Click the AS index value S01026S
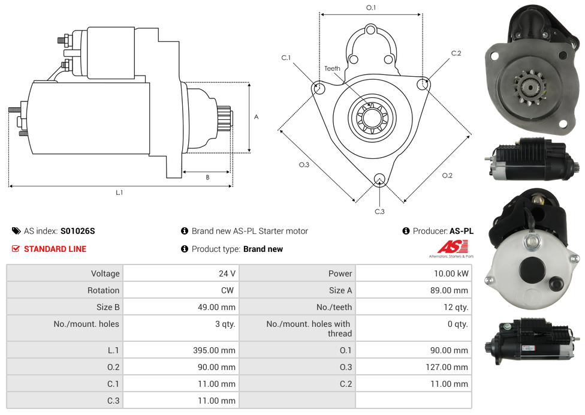point(77,231)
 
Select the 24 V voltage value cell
point(227,273)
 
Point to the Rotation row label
point(103,290)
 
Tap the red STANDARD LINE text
point(55,249)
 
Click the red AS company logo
point(452,247)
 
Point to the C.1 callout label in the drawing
point(286,58)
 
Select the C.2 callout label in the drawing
point(456,53)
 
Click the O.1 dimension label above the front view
point(371,7)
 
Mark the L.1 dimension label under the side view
point(119,193)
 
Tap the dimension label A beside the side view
point(256,117)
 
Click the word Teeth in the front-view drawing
point(332,68)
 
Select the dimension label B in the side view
point(207,178)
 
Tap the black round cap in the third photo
point(530,269)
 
